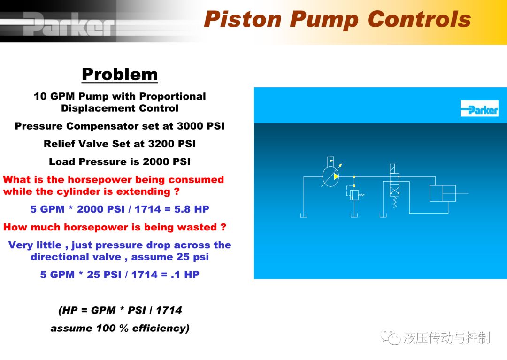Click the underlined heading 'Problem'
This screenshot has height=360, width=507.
pos(120,74)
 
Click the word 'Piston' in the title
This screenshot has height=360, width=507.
pos(243,20)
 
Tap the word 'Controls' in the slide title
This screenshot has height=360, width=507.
pos(419,19)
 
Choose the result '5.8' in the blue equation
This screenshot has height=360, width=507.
pos(182,209)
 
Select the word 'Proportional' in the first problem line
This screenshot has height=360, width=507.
pos(173,96)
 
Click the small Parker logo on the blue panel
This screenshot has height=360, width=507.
pos(479,108)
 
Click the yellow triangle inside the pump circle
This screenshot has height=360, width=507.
pos(336,176)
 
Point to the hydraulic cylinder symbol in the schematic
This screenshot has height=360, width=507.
pos(443,193)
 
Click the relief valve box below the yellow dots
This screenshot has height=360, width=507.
pos(354,195)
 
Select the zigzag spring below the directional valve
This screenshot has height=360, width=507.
pos(394,202)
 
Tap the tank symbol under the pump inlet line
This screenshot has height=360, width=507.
pos(304,215)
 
